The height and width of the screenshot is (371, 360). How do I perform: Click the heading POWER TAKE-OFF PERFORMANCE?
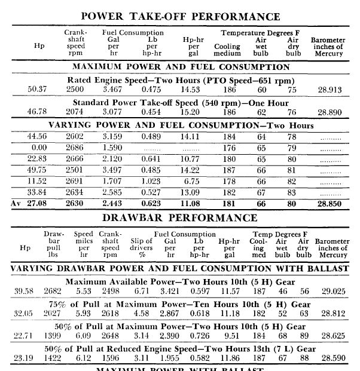click(x=180, y=16)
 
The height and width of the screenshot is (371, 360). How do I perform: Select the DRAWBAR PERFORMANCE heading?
click(x=180, y=217)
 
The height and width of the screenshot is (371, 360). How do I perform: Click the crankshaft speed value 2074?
click(x=75, y=112)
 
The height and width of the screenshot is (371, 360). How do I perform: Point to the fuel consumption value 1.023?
click(x=155, y=181)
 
